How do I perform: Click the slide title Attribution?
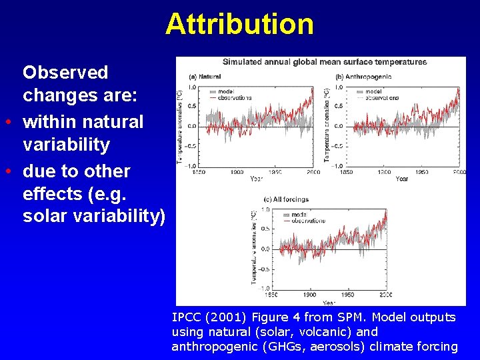239,24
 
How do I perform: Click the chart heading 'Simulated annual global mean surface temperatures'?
324,62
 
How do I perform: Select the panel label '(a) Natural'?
205,75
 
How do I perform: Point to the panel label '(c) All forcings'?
287,199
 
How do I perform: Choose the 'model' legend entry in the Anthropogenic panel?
373,91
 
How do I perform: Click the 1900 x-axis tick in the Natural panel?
237,172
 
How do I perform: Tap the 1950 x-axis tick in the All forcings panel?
348,295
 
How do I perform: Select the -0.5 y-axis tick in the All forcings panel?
265,269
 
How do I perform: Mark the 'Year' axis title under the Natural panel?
256,179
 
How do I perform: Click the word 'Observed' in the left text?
65,72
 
